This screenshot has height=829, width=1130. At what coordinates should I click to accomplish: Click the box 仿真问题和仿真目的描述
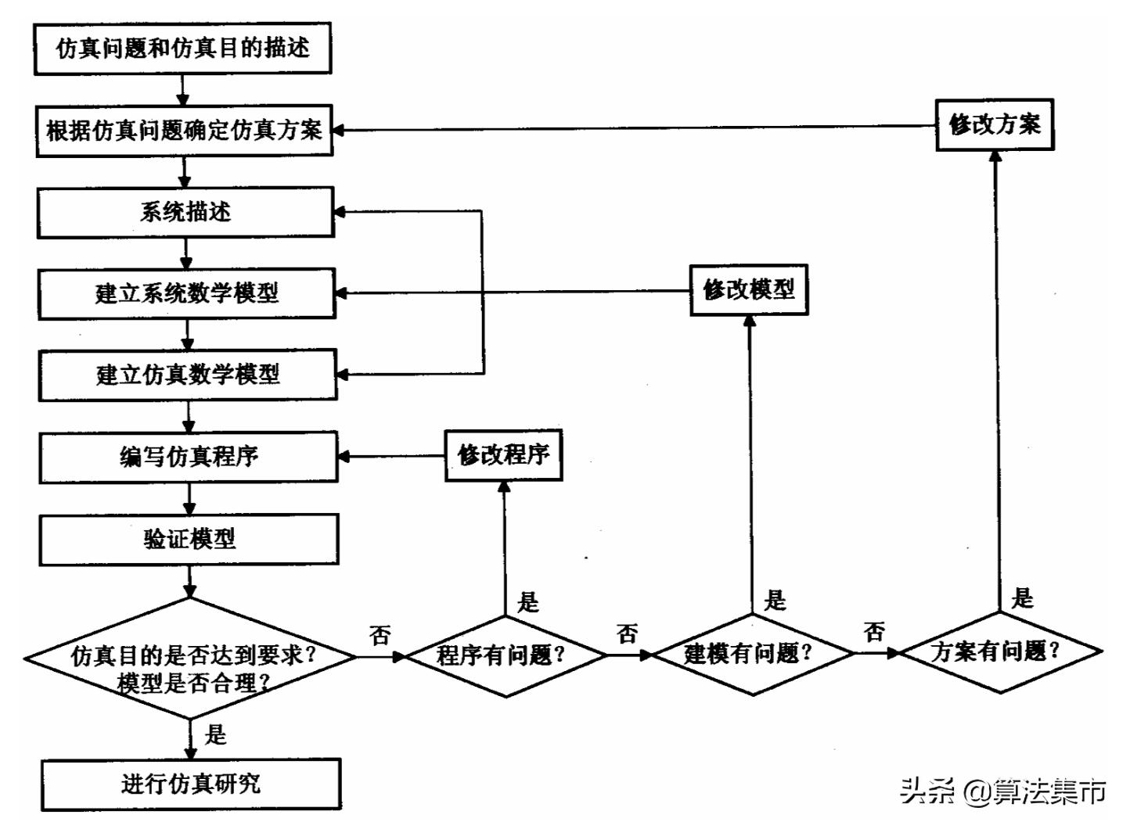(x=182, y=48)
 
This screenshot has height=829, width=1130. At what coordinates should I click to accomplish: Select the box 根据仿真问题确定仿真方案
(x=184, y=131)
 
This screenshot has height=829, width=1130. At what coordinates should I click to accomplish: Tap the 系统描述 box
(x=185, y=212)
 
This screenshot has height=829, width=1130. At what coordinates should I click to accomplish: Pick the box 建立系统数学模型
(x=186, y=293)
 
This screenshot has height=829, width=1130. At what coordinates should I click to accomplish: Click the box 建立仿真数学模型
(x=188, y=375)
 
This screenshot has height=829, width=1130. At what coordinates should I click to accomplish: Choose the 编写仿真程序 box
(x=188, y=457)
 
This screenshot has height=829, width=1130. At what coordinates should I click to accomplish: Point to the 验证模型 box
(x=189, y=539)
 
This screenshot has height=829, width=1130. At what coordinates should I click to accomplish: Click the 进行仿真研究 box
(x=190, y=784)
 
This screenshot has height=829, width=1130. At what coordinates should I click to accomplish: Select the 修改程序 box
(x=503, y=455)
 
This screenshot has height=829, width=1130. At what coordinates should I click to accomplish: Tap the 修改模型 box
(x=748, y=290)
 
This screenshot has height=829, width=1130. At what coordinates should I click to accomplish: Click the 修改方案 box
(x=995, y=124)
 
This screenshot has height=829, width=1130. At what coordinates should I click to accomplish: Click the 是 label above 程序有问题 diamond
(x=528, y=602)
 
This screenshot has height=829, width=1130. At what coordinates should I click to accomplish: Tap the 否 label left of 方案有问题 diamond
(x=874, y=631)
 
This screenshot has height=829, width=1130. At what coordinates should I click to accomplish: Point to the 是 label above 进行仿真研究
(x=214, y=735)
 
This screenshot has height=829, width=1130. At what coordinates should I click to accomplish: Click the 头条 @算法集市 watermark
(x=1002, y=791)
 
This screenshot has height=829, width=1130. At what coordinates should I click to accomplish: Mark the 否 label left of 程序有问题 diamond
(x=380, y=635)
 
